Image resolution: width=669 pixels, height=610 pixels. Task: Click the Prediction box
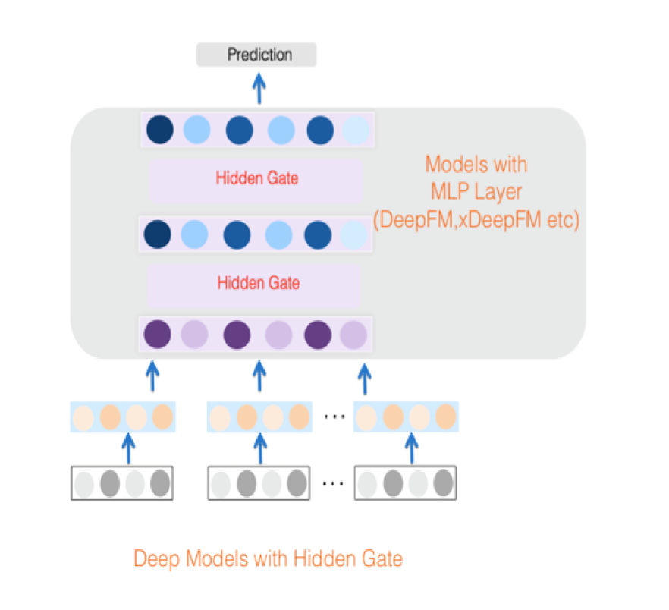coord(256,55)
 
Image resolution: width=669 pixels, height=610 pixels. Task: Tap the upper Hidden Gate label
coord(256,179)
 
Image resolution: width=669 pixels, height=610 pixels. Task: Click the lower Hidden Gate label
coord(258,283)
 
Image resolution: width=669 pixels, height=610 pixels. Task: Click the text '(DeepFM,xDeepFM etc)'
coord(476,221)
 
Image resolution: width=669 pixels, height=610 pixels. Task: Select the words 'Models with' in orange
coord(476,165)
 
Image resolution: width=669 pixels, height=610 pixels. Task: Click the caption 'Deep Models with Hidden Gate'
coord(268,559)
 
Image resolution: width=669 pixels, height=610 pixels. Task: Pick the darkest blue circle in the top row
coord(160,129)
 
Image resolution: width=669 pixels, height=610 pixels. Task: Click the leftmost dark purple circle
coord(158,334)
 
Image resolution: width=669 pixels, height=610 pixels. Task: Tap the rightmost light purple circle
coord(353,334)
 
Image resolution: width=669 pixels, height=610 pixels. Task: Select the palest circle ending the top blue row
coord(356,130)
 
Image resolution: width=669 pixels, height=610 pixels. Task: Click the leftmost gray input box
coord(122,483)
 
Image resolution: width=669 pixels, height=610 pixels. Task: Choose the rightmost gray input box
coord(406,483)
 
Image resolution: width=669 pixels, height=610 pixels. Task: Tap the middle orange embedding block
coord(259,417)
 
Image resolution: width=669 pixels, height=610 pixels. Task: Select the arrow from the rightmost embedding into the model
coord(365,378)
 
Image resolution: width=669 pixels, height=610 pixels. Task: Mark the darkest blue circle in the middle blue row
coord(158,234)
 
